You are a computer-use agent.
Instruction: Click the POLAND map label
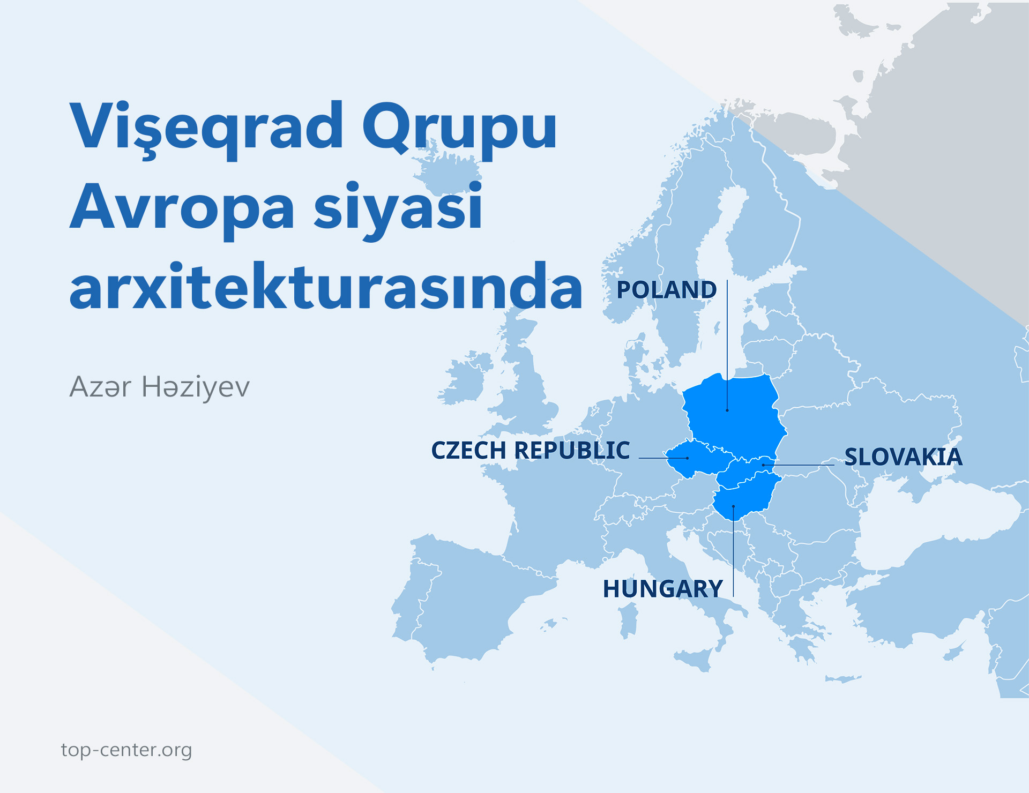click(x=666, y=290)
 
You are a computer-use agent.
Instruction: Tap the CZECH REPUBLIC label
click(x=531, y=450)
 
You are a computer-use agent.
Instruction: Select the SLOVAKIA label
click(x=903, y=457)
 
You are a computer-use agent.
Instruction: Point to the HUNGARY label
click(x=663, y=589)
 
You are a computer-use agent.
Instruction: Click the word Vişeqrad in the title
click(x=206, y=126)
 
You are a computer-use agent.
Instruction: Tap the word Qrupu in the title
click(x=459, y=126)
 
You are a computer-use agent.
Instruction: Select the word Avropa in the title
click(x=182, y=208)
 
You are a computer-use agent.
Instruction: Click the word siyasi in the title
click(x=398, y=208)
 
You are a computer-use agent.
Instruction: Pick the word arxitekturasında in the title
click(x=326, y=288)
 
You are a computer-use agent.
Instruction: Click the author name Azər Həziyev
click(x=160, y=387)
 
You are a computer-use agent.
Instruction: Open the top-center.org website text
click(x=126, y=750)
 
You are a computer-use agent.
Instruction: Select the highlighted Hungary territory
click(x=745, y=498)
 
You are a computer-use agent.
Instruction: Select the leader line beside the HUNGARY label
click(x=733, y=557)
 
